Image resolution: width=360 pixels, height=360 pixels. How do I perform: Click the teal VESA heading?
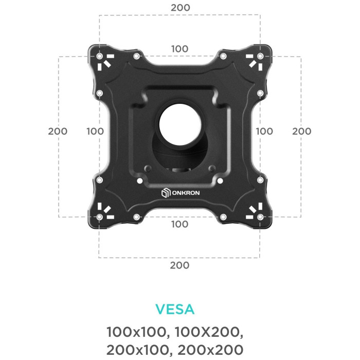(175, 309)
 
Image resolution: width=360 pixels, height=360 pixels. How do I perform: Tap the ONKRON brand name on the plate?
(186, 193)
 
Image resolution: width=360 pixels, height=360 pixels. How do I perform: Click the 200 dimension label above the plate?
(180, 8)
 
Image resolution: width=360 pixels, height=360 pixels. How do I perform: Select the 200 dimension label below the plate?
(180, 265)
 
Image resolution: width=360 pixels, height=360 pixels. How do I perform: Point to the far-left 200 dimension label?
(58, 131)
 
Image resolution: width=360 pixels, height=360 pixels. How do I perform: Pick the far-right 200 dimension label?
(302, 131)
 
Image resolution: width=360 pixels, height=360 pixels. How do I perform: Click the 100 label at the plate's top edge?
(180, 49)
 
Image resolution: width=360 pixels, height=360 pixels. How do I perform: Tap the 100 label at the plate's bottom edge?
(180, 224)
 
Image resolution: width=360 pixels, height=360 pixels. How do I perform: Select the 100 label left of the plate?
(95, 131)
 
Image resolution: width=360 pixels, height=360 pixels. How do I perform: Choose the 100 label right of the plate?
(264, 131)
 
